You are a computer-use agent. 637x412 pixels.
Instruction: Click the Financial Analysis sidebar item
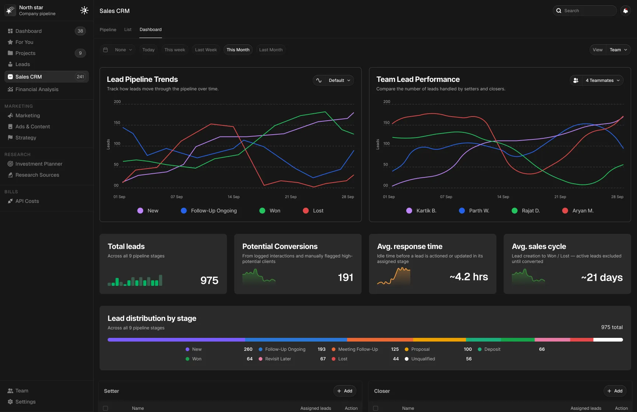coord(37,89)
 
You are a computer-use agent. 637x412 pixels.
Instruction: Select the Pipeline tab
coord(108,30)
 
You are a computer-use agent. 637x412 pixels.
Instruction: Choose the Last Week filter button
coord(206,50)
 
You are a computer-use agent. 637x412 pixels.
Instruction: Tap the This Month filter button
coord(238,50)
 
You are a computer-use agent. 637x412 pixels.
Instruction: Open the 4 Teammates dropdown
coord(596,80)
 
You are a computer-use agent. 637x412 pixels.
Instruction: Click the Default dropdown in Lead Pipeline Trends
coord(333,80)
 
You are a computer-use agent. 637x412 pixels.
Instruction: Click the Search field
coord(585,11)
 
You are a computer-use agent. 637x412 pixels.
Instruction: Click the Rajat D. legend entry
coord(526,211)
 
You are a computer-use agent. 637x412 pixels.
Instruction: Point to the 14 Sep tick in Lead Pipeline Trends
coord(234,197)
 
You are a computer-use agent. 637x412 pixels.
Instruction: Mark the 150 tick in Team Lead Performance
coord(386,122)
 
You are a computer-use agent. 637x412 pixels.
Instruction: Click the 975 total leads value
coord(209,280)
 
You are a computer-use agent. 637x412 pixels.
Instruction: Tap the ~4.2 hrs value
coord(469,277)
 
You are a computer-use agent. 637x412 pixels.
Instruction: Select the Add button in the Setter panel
coord(345,391)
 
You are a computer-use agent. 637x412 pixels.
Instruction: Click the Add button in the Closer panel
coord(615,391)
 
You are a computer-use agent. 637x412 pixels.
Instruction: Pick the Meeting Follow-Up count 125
coord(395,349)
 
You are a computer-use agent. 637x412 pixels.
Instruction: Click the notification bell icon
coord(626,11)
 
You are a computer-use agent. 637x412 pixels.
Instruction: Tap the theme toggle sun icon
coord(84,10)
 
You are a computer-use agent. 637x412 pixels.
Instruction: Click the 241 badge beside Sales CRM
coord(80,77)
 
